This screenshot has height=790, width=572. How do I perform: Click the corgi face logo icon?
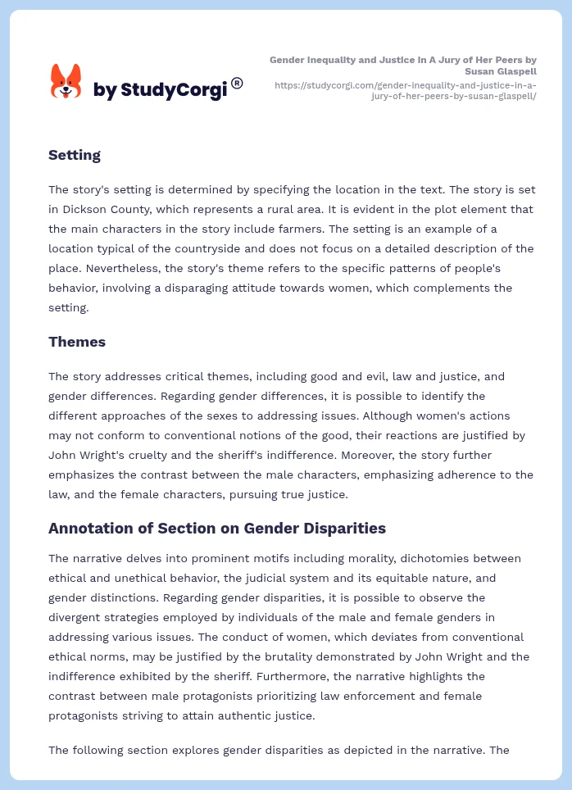tap(66, 82)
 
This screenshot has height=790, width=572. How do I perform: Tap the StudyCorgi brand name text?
tap(160, 90)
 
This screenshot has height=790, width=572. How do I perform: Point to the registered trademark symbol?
tap(237, 83)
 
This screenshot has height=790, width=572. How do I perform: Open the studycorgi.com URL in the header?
tap(405, 90)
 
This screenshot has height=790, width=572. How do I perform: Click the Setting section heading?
tap(75, 155)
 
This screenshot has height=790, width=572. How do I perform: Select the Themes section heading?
tap(77, 342)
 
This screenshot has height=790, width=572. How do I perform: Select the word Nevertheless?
tap(87, 268)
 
